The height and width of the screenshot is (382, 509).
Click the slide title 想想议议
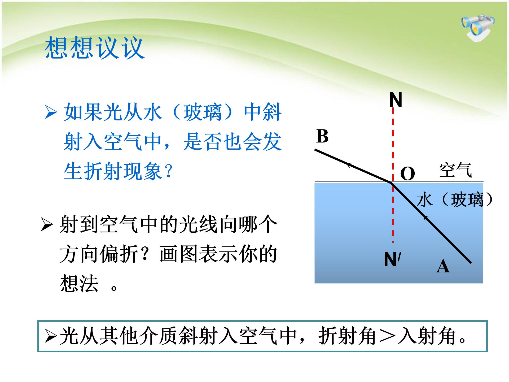pos(94,48)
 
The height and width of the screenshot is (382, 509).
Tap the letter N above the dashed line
pos(396,100)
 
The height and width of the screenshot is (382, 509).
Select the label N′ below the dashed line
pos(392,260)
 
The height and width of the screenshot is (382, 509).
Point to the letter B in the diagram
pos(322,136)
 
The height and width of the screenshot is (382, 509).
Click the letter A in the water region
pos(443,266)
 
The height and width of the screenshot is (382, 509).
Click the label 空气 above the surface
pos(455,170)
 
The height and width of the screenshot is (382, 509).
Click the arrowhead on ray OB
pos(349,165)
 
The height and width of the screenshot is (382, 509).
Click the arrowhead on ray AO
pos(426,218)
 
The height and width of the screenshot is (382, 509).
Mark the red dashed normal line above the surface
pos(393,143)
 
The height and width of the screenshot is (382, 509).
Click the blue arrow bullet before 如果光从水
pos(51,112)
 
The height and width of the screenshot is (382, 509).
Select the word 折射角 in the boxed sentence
pos(347,336)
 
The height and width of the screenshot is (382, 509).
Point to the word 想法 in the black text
pos(79,283)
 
